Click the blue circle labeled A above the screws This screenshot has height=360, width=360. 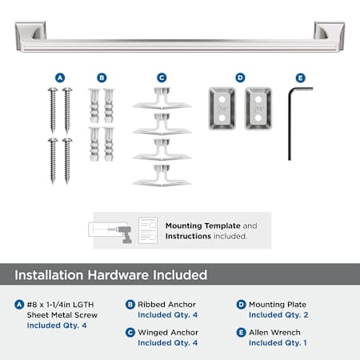(60, 78)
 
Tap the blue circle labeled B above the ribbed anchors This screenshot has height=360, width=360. (102, 78)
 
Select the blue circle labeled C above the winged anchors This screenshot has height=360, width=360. (162, 78)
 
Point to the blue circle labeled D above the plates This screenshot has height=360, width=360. (240, 78)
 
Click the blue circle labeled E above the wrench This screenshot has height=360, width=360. (301, 78)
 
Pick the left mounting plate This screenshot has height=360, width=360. (222, 109)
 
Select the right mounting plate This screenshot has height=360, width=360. (258, 109)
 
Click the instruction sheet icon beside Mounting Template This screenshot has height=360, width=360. (148, 230)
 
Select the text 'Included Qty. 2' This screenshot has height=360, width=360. (278, 315)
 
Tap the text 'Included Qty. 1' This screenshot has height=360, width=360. (278, 342)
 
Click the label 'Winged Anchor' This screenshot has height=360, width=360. (168, 333)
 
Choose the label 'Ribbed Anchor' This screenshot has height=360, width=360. (166, 305)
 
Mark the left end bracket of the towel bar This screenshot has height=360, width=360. (30, 35)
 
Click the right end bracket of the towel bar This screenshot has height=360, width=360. (330, 35)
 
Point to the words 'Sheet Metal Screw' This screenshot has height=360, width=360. (62, 315)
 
